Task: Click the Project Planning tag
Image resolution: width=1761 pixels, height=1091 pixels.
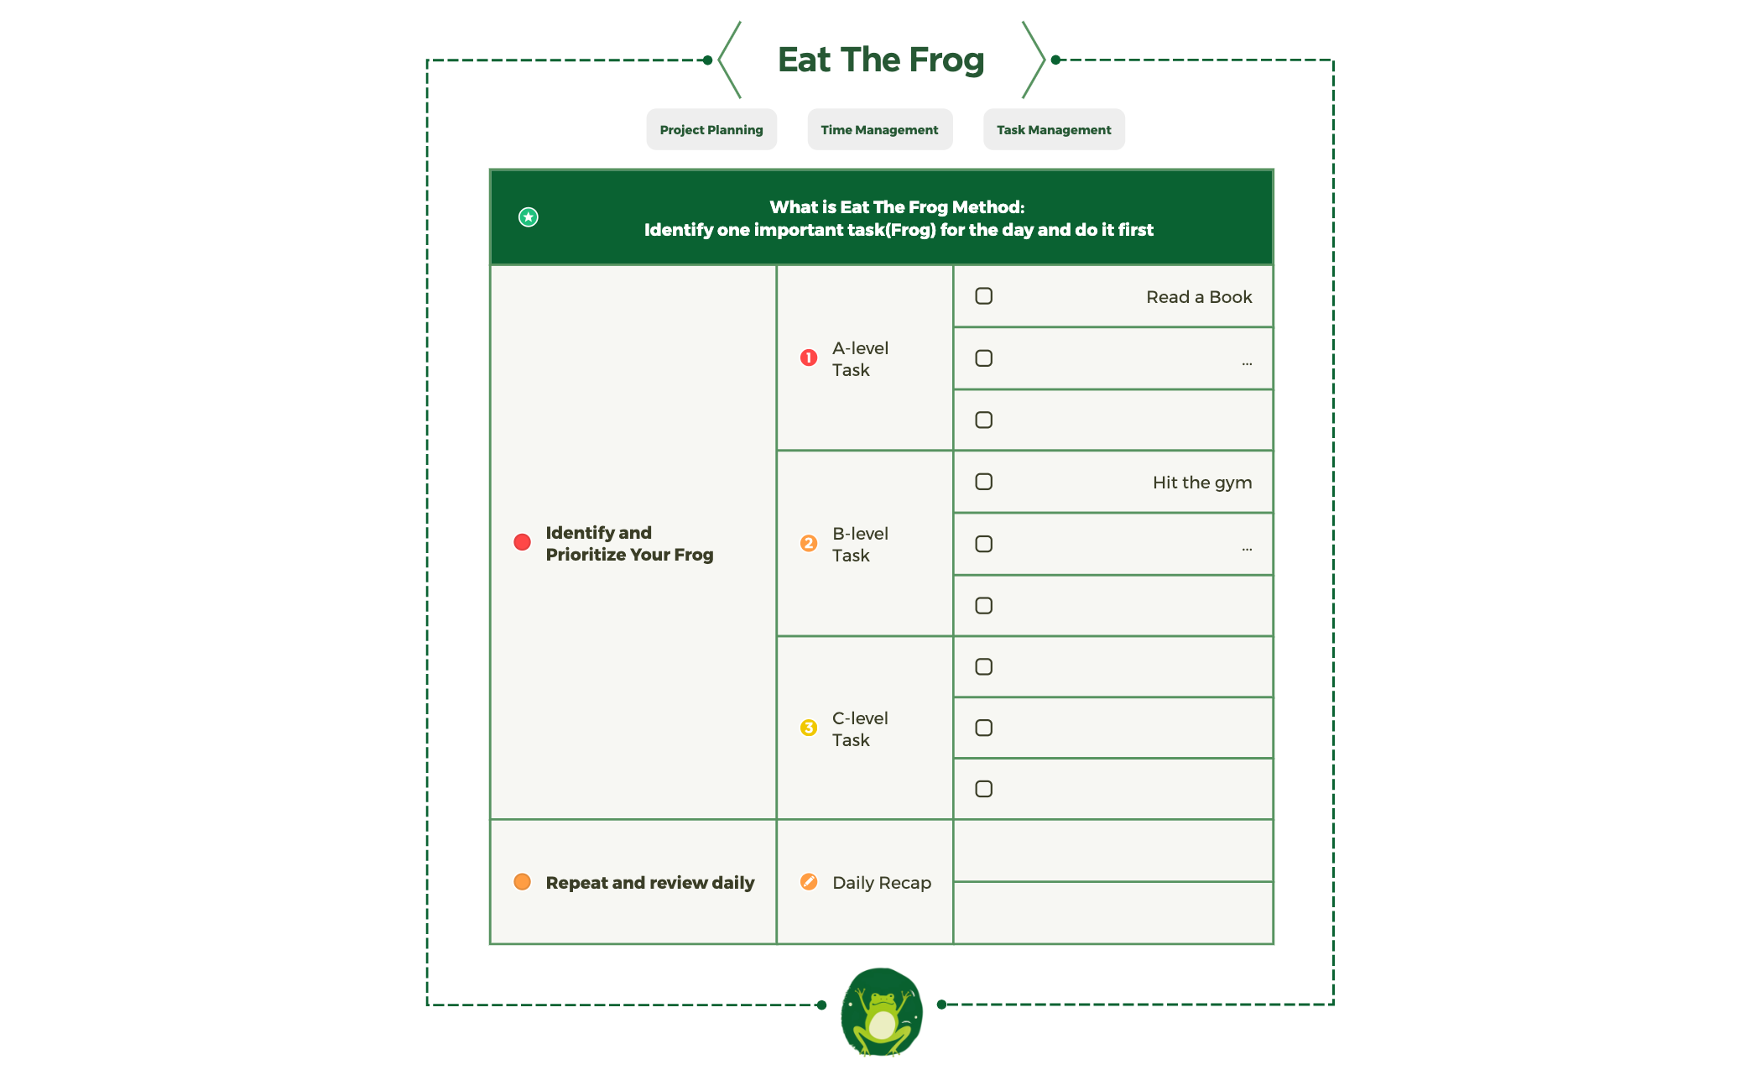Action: tap(711, 130)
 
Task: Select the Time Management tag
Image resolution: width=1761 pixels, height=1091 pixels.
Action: tap(879, 130)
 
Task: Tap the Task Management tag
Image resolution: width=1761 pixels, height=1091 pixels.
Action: tap(1054, 130)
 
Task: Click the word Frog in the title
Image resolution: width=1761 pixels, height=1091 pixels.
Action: tap(946, 60)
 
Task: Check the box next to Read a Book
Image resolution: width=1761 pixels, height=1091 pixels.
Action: tap(984, 296)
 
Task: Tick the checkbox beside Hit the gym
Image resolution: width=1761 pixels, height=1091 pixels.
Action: tap(984, 482)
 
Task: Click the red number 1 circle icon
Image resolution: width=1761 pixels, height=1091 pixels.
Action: tap(809, 358)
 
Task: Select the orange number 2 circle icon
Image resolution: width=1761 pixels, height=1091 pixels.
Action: tap(809, 544)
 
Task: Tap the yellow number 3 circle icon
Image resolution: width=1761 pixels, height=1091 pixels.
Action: tap(809, 728)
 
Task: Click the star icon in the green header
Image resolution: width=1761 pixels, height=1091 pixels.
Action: tap(529, 217)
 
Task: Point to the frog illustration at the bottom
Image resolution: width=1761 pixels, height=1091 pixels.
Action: tap(882, 1011)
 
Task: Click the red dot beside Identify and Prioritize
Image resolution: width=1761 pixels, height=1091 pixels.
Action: tap(522, 542)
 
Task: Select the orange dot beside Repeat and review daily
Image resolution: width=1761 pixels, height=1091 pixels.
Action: tap(522, 882)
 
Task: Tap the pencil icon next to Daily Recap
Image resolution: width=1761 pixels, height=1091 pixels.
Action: tap(809, 882)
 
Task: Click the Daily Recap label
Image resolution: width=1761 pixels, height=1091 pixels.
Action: tap(882, 883)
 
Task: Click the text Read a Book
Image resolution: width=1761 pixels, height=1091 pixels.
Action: tap(1199, 297)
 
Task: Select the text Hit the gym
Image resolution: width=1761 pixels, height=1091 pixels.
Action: tap(1201, 483)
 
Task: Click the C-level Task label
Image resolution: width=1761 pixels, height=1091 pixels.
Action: tap(860, 728)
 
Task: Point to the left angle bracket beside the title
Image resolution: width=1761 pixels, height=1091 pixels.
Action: tap(728, 60)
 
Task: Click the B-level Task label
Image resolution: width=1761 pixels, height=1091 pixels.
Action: tap(860, 544)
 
